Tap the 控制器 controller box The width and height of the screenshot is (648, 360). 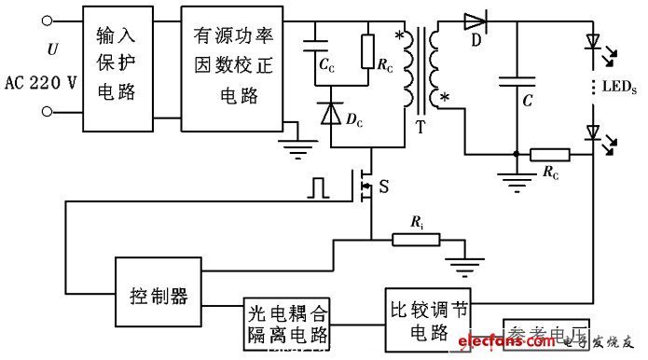click(x=156, y=296)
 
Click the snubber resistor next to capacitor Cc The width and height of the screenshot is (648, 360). click(x=368, y=48)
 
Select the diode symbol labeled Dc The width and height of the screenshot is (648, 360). click(x=330, y=112)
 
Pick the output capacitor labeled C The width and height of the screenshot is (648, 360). click(x=515, y=81)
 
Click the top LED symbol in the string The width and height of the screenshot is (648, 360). click(x=591, y=42)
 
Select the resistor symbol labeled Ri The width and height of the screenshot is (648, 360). click(x=415, y=241)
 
